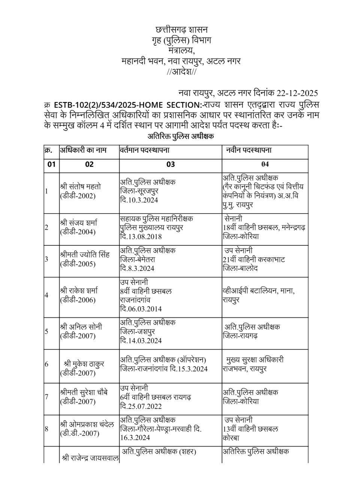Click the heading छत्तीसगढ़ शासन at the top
click(181, 30)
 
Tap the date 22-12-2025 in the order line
click(297, 93)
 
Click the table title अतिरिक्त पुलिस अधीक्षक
click(180, 136)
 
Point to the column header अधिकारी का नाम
click(83, 150)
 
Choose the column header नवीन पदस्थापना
click(249, 150)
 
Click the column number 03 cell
click(171, 164)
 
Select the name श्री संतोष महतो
click(80, 186)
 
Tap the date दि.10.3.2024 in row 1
click(139, 200)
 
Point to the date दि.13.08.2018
click(141, 236)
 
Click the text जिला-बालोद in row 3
click(240, 269)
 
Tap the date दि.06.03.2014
click(141, 309)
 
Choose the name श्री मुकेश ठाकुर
click(84, 364)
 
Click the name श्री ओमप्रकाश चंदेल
click(87, 424)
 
